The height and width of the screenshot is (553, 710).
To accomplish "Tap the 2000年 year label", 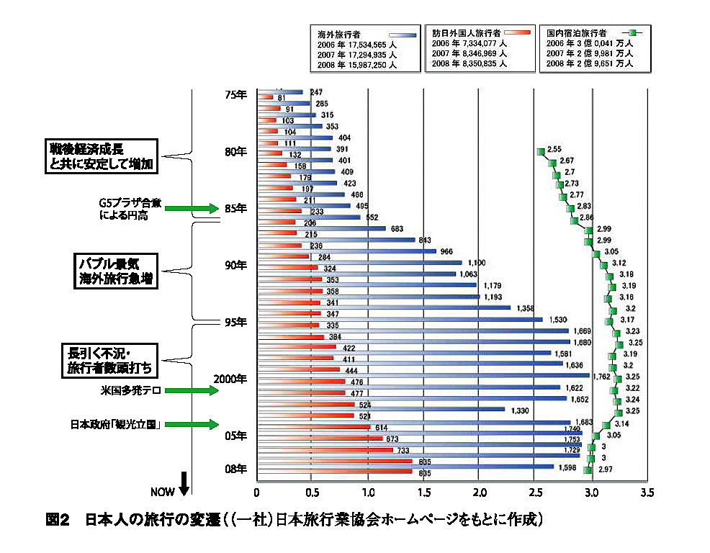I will pyautogui.click(x=230, y=379).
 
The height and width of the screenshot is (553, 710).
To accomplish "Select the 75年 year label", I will pyautogui.click(x=235, y=94).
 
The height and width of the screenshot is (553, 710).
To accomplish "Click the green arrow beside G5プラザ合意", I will pyautogui.click(x=191, y=209).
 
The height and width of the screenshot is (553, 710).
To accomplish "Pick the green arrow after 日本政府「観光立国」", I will pyautogui.click(x=191, y=424).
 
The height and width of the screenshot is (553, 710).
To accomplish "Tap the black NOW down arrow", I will pyautogui.click(x=184, y=483).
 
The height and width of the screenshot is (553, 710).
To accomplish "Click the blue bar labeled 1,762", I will pyautogui.click(x=425, y=375).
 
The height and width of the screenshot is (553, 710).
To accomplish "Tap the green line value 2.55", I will pyautogui.click(x=554, y=149).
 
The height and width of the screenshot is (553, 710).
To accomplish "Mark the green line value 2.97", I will pyautogui.click(x=606, y=469).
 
